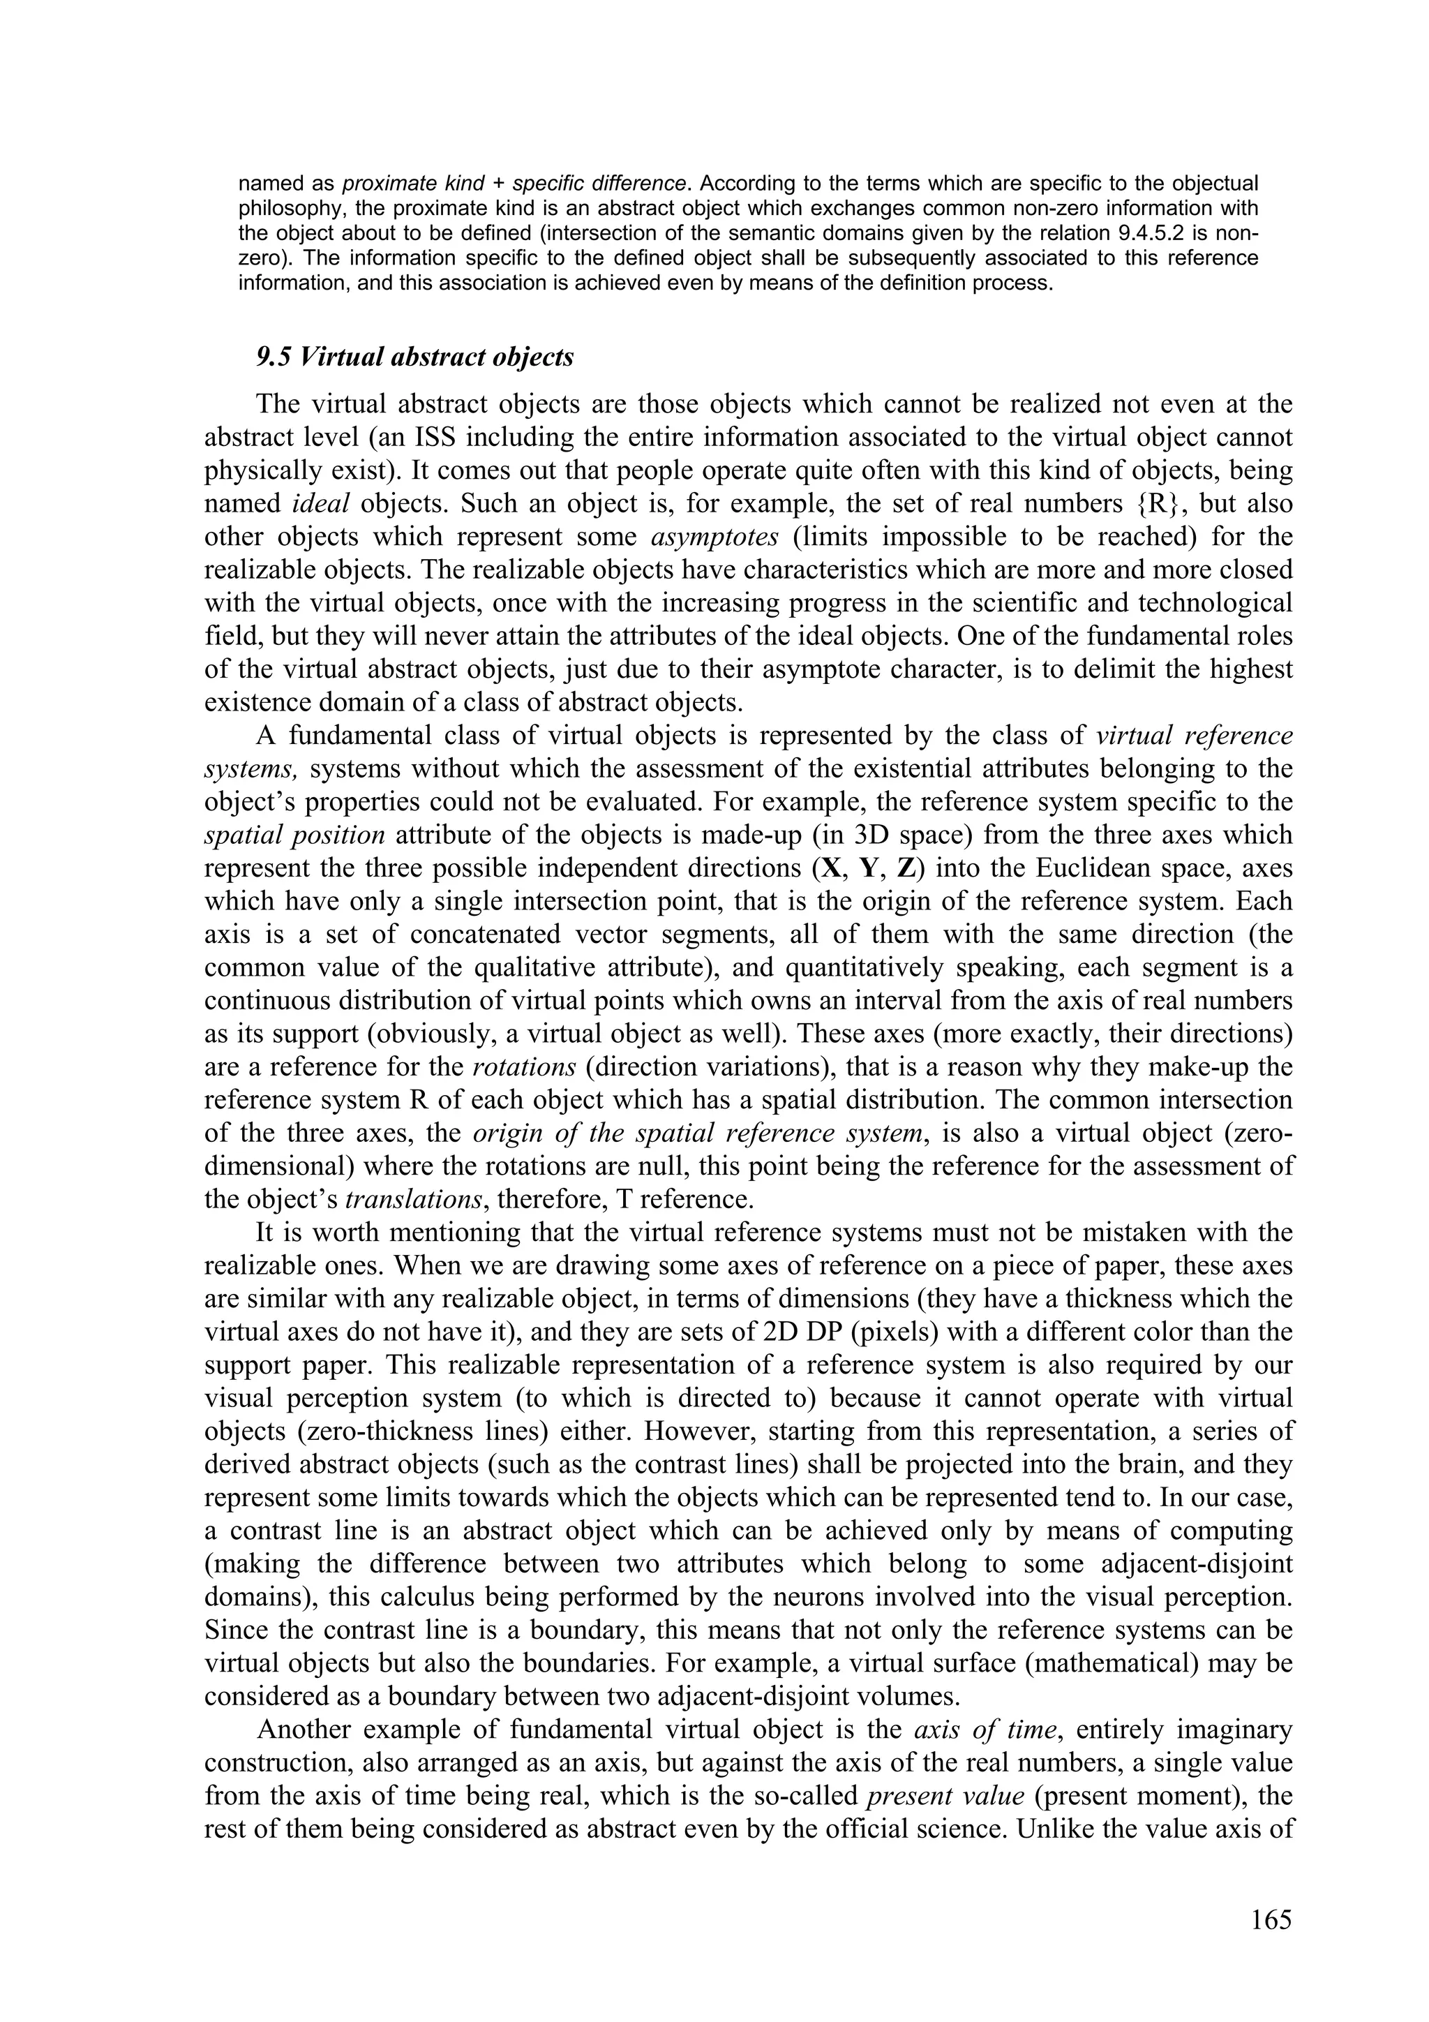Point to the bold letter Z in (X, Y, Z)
tap(905, 868)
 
